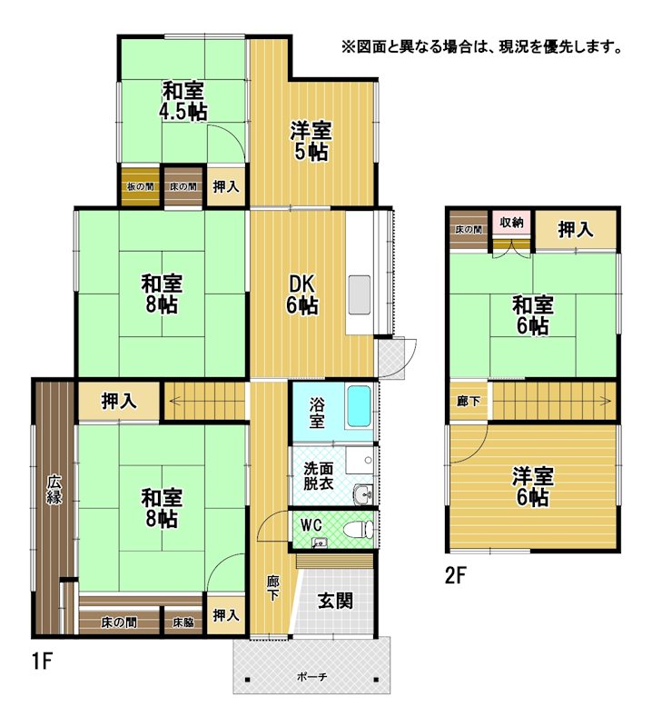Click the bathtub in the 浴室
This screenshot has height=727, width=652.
(x=359, y=406)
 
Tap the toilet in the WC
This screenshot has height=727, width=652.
(x=360, y=529)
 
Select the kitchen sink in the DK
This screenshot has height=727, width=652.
(x=359, y=294)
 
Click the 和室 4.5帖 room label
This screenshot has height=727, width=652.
(x=183, y=101)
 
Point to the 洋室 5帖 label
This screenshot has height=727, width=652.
(x=311, y=141)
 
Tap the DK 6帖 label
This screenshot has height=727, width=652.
(x=301, y=294)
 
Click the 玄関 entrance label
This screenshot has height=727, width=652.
(x=335, y=601)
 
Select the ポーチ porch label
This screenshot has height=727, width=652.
(x=311, y=676)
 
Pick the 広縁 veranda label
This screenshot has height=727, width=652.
(x=54, y=490)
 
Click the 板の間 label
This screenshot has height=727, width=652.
(x=141, y=187)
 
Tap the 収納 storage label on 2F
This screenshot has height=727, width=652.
(x=511, y=222)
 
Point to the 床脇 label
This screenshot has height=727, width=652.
(x=183, y=622)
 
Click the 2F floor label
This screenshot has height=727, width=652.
(x=455, y=575)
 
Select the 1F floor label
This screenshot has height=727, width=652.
(x=41, y=662)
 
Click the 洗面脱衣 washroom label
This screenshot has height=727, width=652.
(x=319, y=476)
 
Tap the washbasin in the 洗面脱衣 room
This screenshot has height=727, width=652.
(x=364, y=494)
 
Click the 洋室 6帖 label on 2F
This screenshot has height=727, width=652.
(x=533, y=487)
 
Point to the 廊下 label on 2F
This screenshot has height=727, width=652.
(x=469, y=401)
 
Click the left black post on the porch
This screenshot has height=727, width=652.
(x=248, y=680)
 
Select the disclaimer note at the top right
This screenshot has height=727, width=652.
(x=482, y=47)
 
